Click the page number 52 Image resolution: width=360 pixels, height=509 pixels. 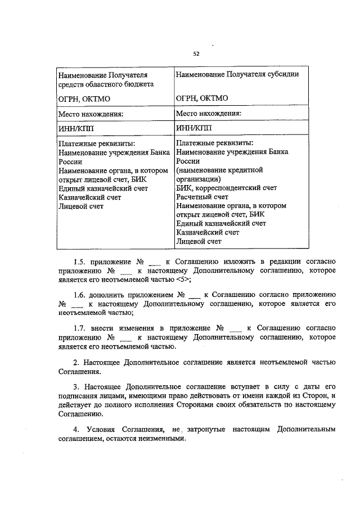pyautogui.click(x=196, y=54)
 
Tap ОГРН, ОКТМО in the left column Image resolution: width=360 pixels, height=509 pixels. pyautogui.click(x=84, y=98)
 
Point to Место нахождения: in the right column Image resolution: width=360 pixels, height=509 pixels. pyautogui.click(x=209, y=113)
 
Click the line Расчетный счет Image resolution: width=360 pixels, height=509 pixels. pyautogui.click(x=202, y=197)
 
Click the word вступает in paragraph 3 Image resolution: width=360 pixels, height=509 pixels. pyautogui.click(x=239, y=387)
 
